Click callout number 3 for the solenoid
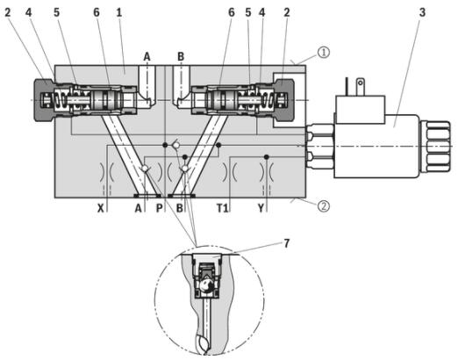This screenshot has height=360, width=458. (422, 12)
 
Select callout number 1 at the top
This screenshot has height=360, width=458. (118, 12)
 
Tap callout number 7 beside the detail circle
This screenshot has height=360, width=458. (286, 243)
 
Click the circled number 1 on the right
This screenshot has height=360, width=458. (324, 53)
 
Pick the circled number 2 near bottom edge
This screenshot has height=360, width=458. (324, 205)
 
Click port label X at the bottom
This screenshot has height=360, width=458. (101, 208)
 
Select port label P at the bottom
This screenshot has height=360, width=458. (160, 208)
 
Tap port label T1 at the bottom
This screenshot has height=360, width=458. (222, 208)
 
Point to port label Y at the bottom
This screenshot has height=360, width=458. (261, 208)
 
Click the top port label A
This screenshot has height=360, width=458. (147, 56)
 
